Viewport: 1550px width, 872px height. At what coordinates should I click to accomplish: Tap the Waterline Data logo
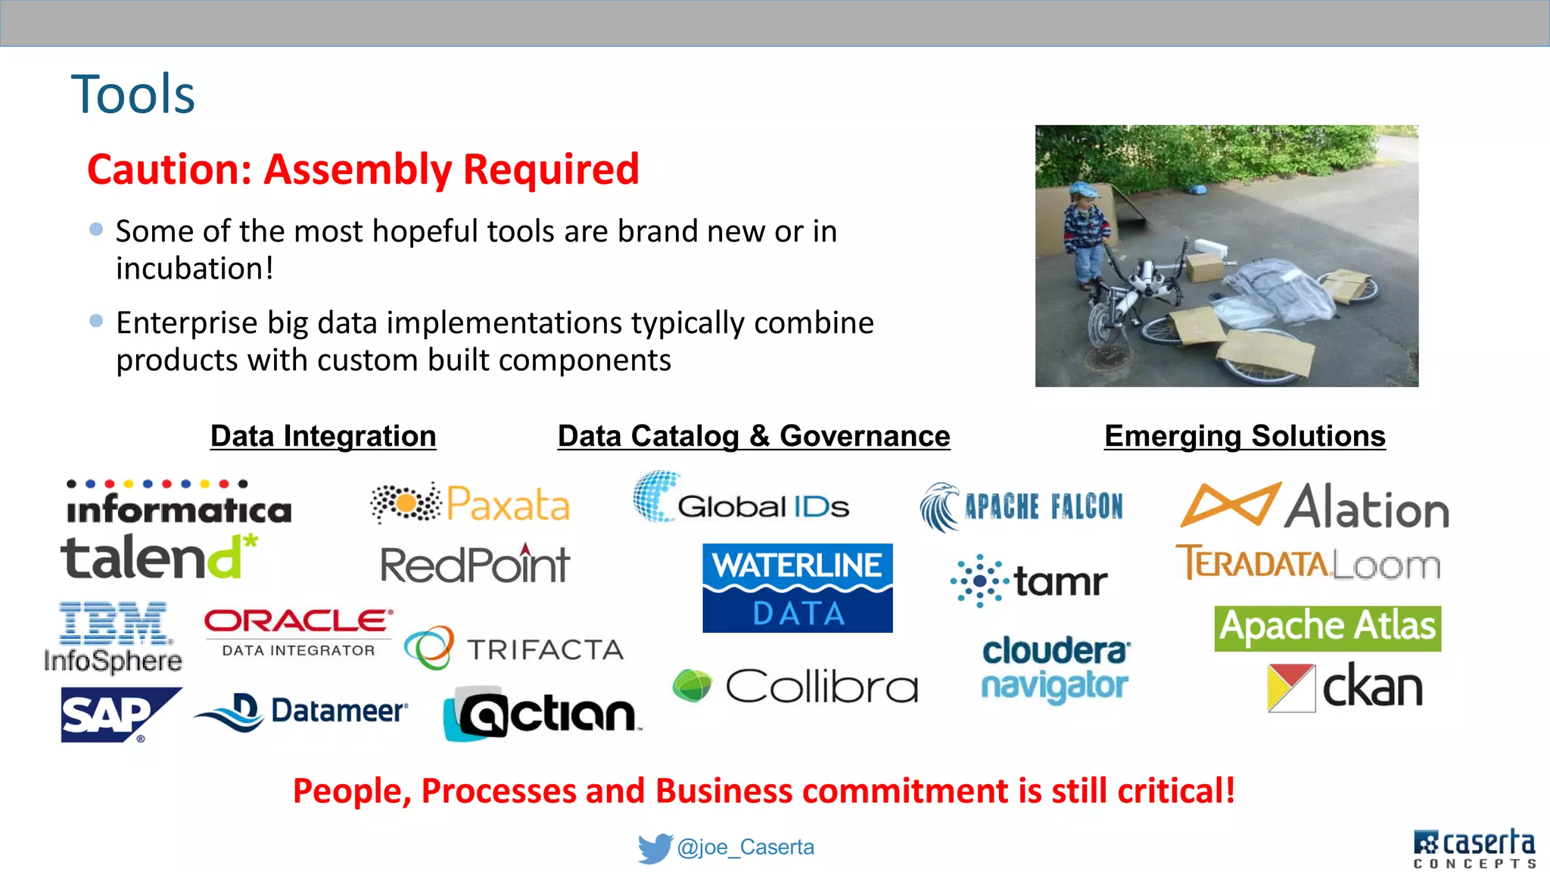coord(797,588)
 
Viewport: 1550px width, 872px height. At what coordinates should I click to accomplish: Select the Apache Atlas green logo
coord(1327,628)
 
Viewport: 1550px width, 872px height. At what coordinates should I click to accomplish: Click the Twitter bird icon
coord(654,848)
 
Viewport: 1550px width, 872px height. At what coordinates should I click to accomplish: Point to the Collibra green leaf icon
coord(692,685)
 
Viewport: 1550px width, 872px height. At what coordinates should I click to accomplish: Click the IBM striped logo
coord(114,624)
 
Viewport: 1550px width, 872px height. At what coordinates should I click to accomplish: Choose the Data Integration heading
coord(323,436)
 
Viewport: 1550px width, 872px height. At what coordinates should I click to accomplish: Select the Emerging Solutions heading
coord(1244,436)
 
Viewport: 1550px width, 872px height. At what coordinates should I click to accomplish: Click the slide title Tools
coord(133,95)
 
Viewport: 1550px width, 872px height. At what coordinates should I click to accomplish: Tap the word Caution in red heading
coord(169,169)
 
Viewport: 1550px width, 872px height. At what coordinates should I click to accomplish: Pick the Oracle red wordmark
coord(298,621)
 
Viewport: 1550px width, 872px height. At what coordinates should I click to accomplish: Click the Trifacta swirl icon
coord(429,647)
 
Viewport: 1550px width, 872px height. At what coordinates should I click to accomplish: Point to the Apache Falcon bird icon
coord(939,506)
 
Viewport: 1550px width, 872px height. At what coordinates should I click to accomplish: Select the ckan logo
coord(1345,687)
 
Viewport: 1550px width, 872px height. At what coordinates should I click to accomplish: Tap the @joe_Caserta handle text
coord(745,847)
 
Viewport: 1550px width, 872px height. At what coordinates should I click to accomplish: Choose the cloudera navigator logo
coord(1055,669)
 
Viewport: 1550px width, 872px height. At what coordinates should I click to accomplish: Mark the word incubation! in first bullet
coord(195,269)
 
